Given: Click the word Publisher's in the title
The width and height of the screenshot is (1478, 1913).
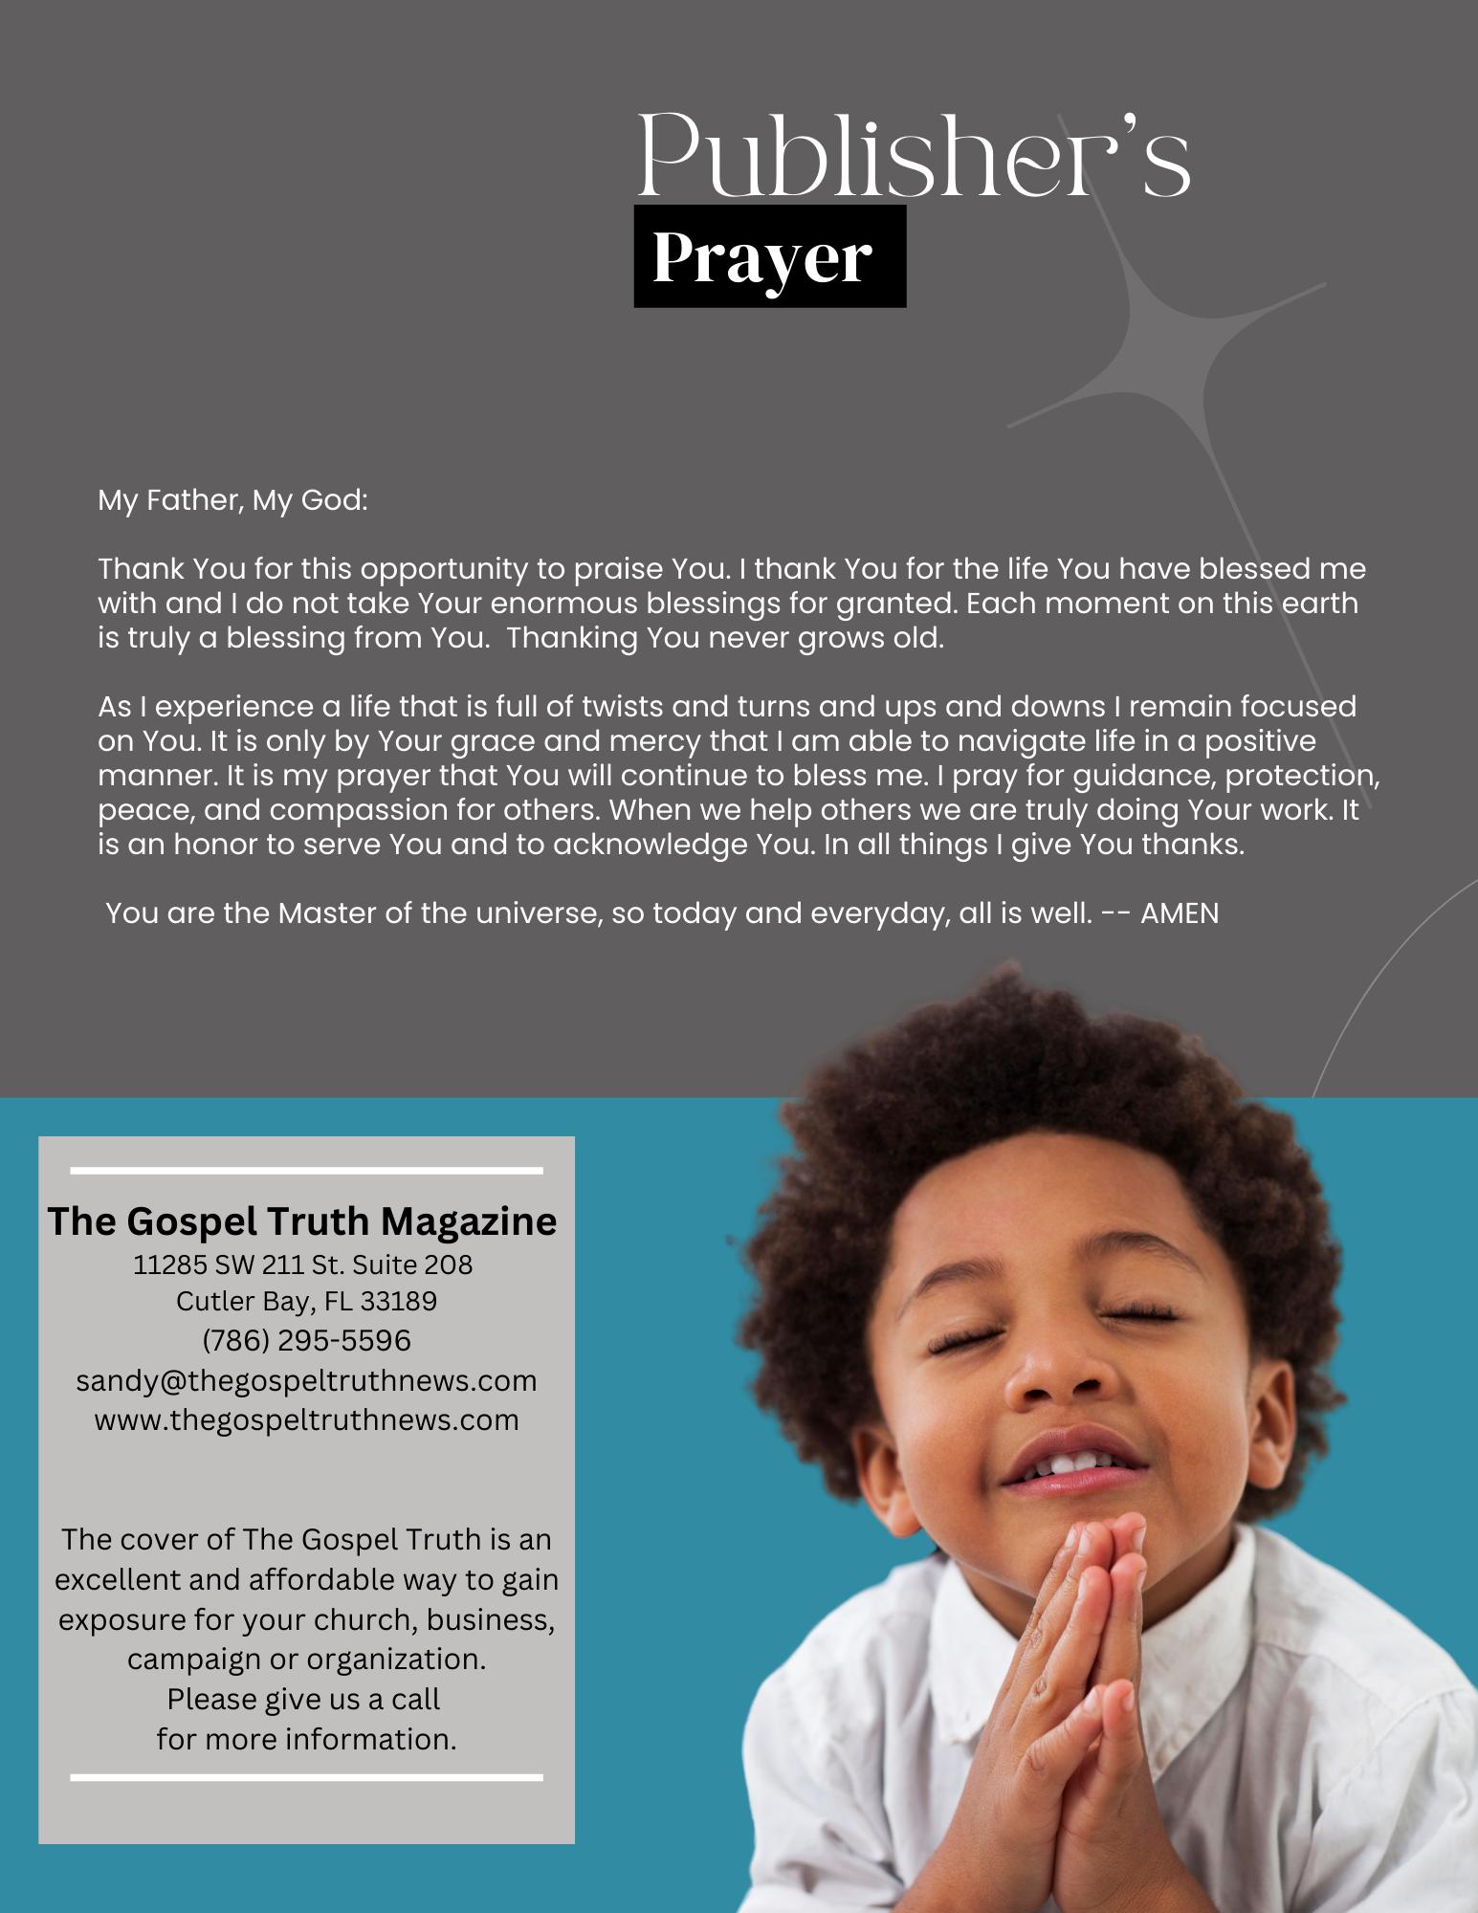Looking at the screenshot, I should coord(914,156).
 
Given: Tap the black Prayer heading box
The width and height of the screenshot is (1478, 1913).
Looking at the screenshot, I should coord(769,256).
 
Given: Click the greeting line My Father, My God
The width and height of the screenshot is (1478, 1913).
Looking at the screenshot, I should coord(232,500).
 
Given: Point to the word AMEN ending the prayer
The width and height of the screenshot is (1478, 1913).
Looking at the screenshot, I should coord(1180,913).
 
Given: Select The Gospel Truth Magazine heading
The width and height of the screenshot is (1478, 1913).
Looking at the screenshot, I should coord(302,1221).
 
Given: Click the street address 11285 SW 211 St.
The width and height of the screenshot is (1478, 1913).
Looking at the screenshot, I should coord(302,1264).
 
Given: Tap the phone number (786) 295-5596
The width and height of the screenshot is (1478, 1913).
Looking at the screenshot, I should coord(306,1340).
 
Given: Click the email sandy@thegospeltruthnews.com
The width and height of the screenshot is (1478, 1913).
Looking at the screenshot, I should coord(306,1380).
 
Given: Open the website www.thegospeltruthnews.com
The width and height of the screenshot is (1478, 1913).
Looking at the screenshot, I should coord(306,1419).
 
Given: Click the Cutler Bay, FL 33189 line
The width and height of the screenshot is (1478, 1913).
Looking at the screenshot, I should coord(306,1301).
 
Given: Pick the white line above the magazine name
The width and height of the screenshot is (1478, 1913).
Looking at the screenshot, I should coord(306,1170).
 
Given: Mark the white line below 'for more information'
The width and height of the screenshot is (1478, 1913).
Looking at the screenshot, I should coord(306,1777).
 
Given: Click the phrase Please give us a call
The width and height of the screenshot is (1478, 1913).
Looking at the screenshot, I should coord(303,1699).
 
